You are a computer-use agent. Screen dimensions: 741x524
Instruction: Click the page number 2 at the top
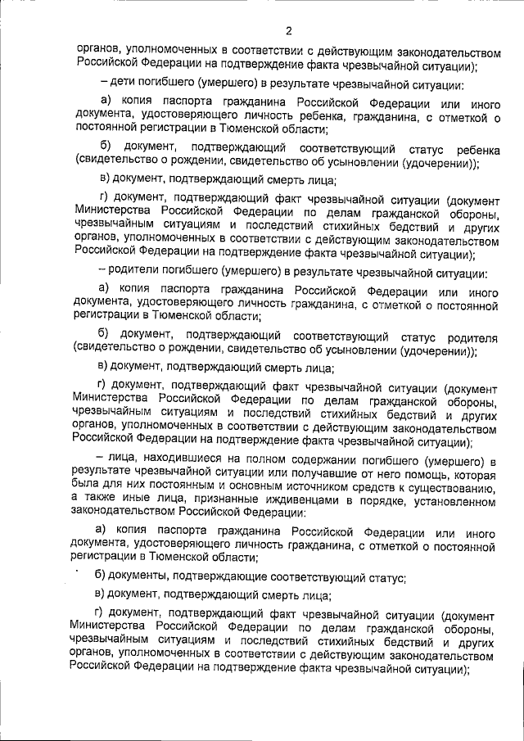(289, 31)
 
